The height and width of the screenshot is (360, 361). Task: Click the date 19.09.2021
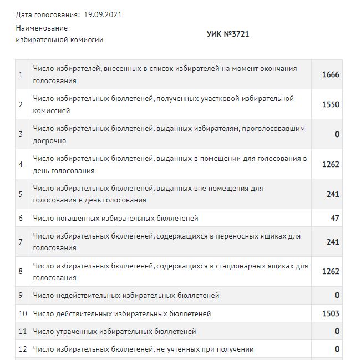coord(103,14)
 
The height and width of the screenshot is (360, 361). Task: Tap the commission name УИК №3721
coord(228,34)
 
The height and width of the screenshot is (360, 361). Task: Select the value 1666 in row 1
coord(331,74)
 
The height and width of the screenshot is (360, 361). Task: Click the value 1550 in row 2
coord(331,104)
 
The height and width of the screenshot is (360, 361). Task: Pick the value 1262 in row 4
coord(331,164)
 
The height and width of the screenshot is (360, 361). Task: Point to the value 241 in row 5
coord(333,194)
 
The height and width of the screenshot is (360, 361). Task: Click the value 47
coord(334,218)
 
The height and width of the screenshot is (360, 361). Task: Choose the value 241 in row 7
coord(333,242)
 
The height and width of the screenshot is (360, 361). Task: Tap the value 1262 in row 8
coord(331,272)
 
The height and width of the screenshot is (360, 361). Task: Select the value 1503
coord(331,313)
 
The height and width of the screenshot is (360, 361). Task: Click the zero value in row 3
coord(337,134)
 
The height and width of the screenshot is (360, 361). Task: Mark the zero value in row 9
coord(337,296)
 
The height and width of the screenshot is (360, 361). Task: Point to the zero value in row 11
coord(337,332)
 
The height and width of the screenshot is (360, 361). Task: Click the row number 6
coord(21,218)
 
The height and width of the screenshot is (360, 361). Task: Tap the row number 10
coord(23,313)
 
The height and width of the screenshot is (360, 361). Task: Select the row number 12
coord(23,349)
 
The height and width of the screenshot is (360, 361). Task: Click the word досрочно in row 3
coord(50,141)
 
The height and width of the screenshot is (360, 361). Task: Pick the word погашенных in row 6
coord(75,218)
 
